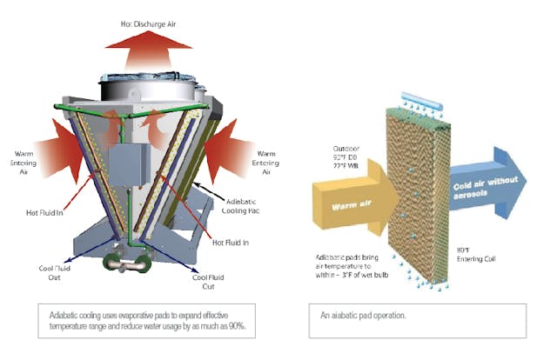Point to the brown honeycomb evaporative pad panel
pyautogui.click(x=418, y=191)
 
